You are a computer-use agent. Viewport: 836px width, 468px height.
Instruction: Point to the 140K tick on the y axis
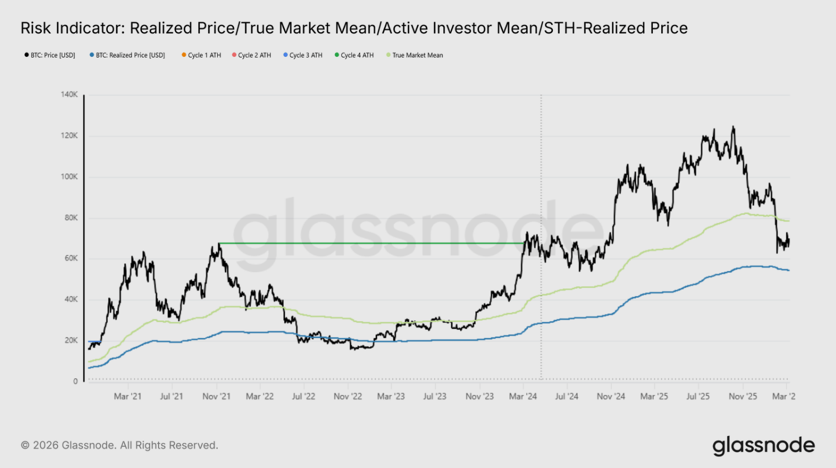coord(69,95)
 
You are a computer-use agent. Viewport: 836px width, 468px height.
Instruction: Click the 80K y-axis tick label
coord(71,218)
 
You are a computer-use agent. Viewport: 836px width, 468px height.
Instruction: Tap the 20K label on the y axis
coord(71,340)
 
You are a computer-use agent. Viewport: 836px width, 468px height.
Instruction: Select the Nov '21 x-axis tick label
coord(216,397)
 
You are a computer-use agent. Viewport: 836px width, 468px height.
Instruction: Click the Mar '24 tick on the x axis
coord(523,397)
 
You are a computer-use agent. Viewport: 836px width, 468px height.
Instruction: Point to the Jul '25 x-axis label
coord(698,397)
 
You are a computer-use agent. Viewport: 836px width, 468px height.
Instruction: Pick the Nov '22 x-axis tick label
coord(347,397)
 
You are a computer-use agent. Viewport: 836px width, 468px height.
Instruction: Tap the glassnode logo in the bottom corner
coord(763,446)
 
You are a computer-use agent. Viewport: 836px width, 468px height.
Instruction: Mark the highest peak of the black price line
coord(733,127)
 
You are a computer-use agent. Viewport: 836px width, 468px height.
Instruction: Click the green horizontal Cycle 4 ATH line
coord(369,243)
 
